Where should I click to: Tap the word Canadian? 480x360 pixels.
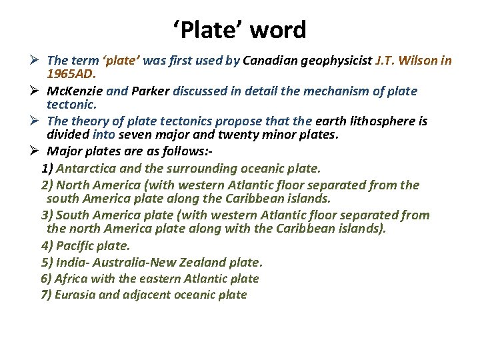coord(270,61)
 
